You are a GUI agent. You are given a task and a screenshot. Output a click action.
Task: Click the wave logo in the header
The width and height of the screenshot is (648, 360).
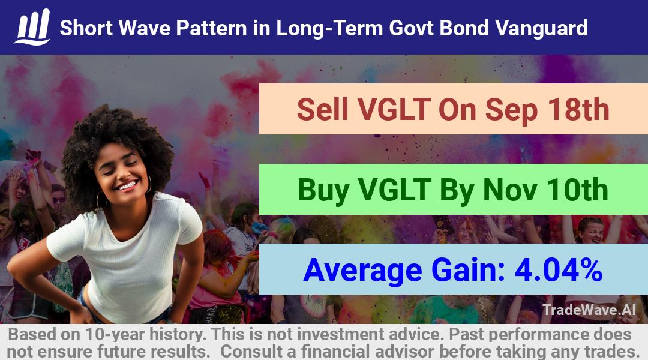(32, 27)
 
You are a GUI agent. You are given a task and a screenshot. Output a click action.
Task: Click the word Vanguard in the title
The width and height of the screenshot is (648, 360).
(541, 28)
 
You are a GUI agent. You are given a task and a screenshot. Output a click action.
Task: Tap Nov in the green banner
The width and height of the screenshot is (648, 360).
(510, 190)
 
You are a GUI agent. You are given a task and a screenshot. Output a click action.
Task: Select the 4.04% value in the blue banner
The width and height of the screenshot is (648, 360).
(559, 269)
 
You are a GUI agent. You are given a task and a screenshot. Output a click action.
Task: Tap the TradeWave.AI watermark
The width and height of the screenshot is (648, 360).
(589, 310)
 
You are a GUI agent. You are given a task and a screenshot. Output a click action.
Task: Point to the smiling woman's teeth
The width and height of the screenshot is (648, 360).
(127, 185)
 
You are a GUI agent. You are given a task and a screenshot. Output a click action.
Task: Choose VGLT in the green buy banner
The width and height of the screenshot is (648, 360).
(395, 190)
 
